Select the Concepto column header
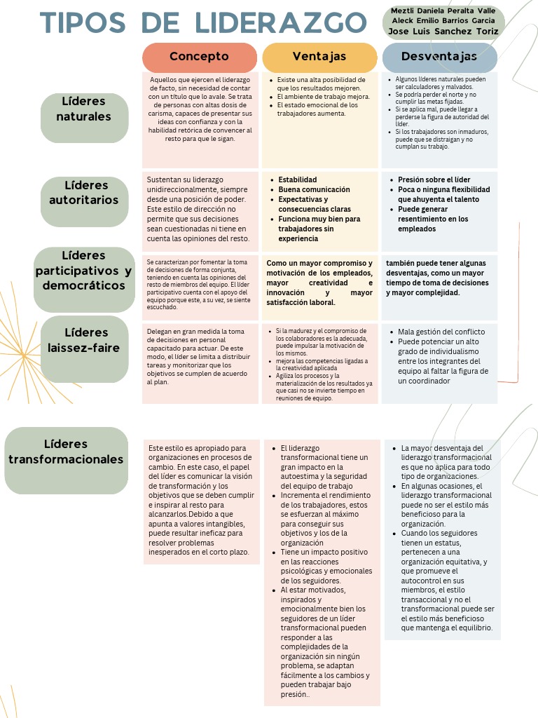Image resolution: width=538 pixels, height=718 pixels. click(199, 56)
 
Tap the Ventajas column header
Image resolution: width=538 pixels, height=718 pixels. click(319, 56)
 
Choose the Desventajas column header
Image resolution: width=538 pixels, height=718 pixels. click(439, 56)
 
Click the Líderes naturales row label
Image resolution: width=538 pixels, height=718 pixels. click(84, 109)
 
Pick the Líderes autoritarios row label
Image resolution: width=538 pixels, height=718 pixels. click(84, 193)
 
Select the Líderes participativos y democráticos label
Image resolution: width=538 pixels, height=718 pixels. click(84, 271)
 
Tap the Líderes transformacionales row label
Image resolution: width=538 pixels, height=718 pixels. click(66, 452)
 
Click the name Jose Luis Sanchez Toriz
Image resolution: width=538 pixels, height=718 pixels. click(443, 32)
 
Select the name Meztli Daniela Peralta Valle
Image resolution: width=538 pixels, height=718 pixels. click(443, 11)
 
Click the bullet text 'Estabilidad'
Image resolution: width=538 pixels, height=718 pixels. click(298, 180)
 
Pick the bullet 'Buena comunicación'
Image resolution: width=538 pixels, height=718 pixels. click(314, 190)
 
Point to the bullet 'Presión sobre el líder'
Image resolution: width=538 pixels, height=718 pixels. click(434, 180)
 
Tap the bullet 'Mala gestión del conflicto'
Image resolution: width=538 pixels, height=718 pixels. click(441, 332)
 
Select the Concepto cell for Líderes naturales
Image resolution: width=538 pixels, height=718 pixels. click(200, 109)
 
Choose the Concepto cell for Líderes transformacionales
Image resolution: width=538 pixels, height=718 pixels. click(200, 499)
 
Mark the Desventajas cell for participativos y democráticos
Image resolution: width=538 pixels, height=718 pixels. click(439, 278)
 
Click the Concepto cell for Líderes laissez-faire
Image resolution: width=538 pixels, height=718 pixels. click(200, 356)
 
